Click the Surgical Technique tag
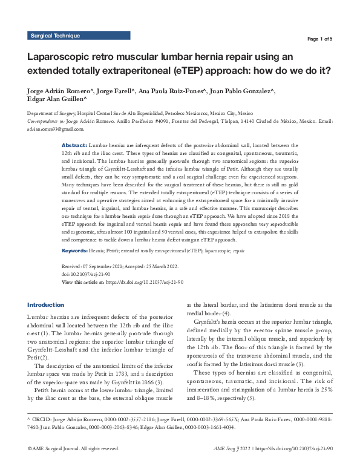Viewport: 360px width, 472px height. [55, 36]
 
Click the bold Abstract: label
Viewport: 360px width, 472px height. [75, 146]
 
